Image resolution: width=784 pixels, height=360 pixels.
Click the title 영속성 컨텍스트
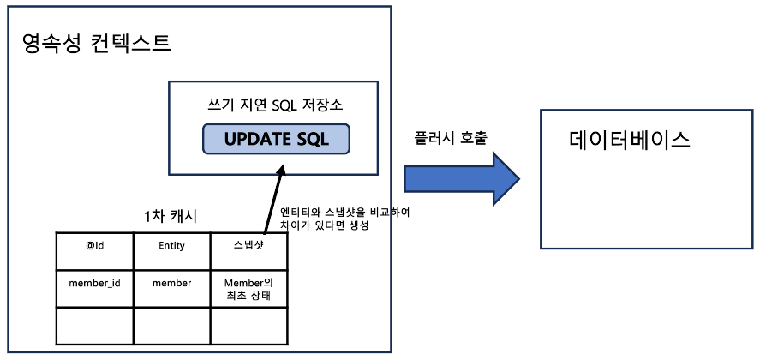pos(96,42)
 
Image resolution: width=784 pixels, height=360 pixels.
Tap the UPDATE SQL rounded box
pos(276,139)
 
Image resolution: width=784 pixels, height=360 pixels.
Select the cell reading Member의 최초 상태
pos(248,289)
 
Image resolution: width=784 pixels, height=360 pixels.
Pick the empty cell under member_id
pos(95,327)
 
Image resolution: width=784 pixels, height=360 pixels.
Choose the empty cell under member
pos(171,327)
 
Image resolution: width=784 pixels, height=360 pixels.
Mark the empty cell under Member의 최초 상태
pos(248,327)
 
